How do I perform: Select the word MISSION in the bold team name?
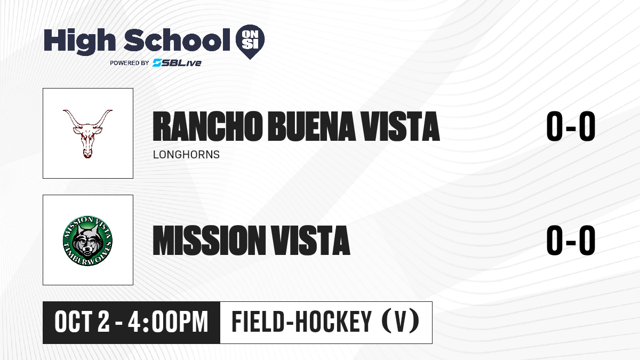click(x=209, y=240)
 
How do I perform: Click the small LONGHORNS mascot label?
click(x=186, y=155)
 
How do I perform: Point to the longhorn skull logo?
click(x=87, y=134)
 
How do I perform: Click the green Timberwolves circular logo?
click(x=87, y=241)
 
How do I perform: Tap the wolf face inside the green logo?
click(x=87, y=242)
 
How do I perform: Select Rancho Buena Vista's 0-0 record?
click(x=571, y=126)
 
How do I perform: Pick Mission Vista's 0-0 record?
click(x=571, y=240)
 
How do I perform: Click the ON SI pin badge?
click(x=250, y=42)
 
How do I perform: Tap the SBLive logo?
click(x=177, y=62)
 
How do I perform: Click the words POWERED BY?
click(x=130, y=63)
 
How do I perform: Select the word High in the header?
click(x=79, y=42)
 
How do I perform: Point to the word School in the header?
click(x=177, y=40)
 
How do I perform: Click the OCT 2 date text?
click(x=82, y=322)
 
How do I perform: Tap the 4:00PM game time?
click(x=168, y=322)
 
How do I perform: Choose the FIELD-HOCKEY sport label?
click(x=301, y=322)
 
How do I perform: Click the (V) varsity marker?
click(x=401, y=322)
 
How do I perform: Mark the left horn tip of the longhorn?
click(x=63, y=110)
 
